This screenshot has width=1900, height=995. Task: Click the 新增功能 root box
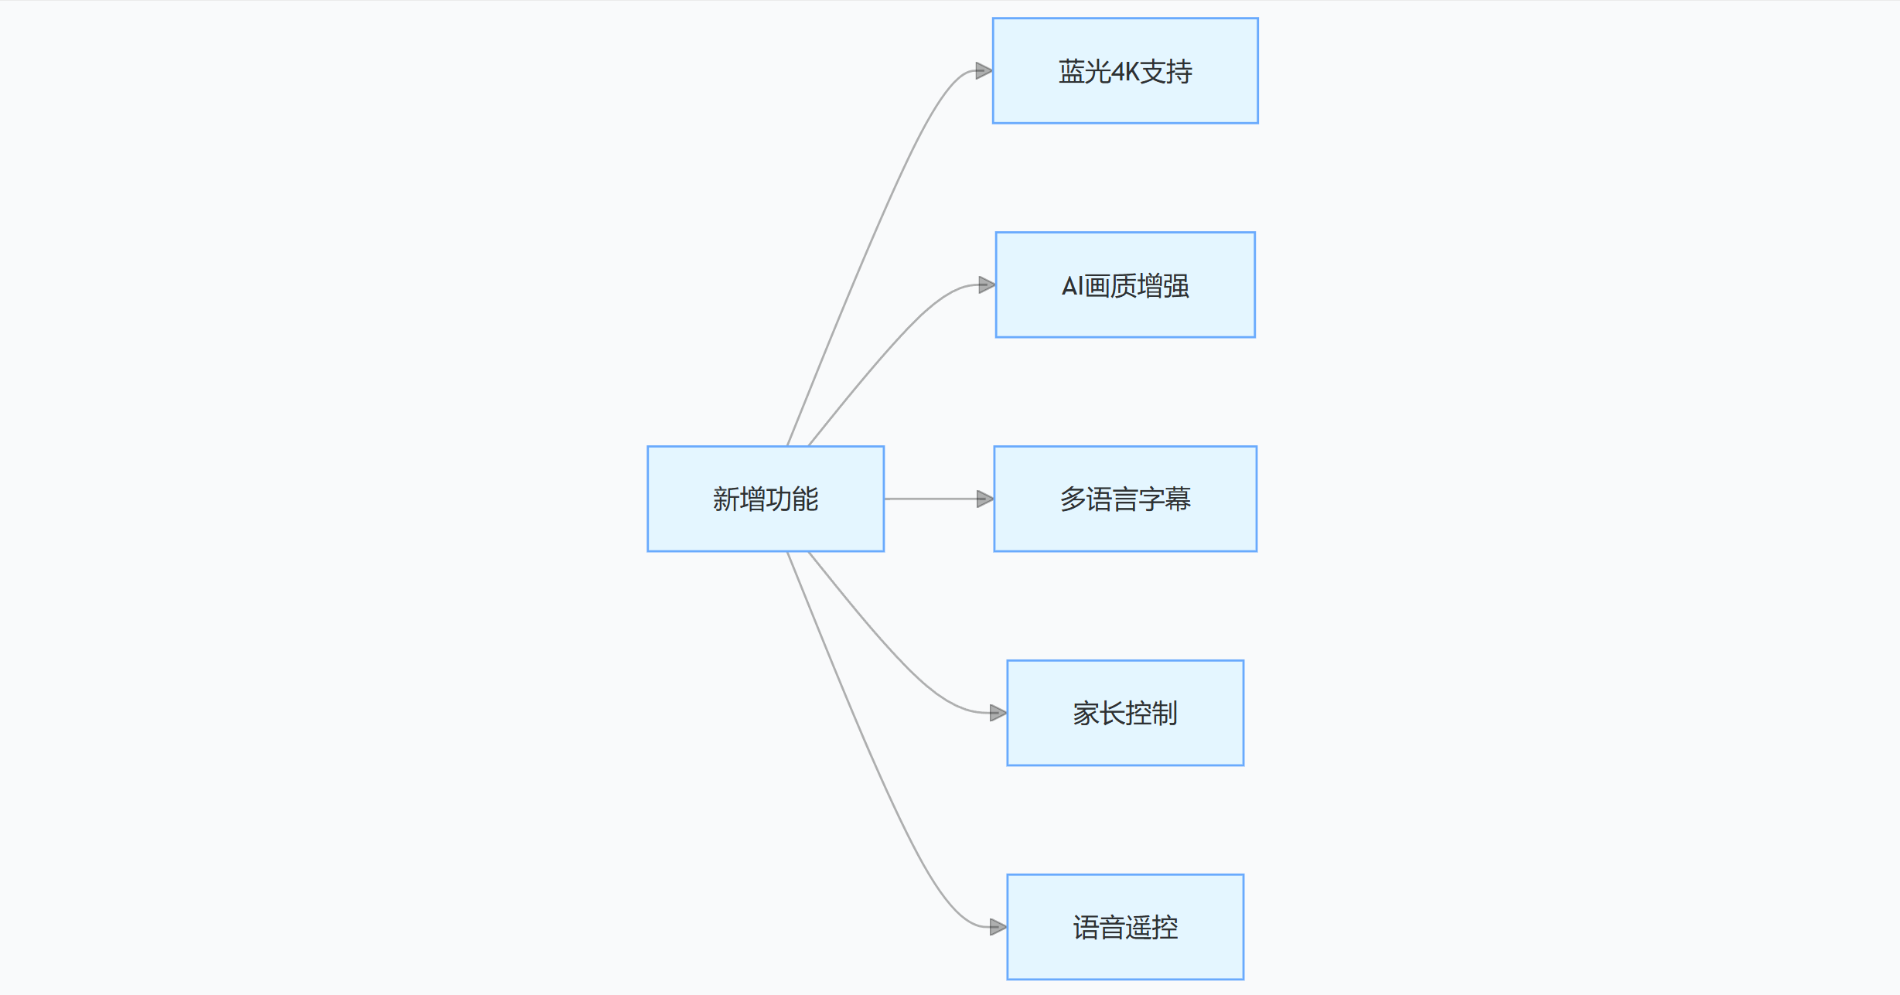tap(765, 499)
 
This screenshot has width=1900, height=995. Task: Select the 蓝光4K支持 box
tap(1124, 70)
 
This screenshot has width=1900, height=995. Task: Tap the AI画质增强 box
tap(1124, 285)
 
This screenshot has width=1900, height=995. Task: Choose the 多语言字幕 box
tap(1124, 499)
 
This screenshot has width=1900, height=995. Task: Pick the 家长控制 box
tap(1124, 713)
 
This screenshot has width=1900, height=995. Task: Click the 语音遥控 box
tap(1124, 927)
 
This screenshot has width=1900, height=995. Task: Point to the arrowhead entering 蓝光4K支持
tap(984, 71)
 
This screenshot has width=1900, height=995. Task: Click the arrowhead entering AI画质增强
tap(986, 285)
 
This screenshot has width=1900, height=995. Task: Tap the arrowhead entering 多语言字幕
tap(984, 499)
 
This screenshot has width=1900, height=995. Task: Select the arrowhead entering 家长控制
tap(998, 713)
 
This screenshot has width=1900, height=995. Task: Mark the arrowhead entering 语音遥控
tap(998, 927)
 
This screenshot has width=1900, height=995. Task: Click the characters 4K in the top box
tap(1125, 72)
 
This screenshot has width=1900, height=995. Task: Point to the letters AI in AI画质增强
tap(1072, 286)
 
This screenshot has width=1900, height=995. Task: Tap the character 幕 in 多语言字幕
tap(1178, 499)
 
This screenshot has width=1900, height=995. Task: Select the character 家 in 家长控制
tap(1086, 714)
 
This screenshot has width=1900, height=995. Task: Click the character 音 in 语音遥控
tap(1112, 928)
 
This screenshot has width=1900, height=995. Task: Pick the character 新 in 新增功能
tap(725, 499)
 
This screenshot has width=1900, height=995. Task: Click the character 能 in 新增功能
tap(805, 499)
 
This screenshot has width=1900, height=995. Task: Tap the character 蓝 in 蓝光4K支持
tap(1072, 72)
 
